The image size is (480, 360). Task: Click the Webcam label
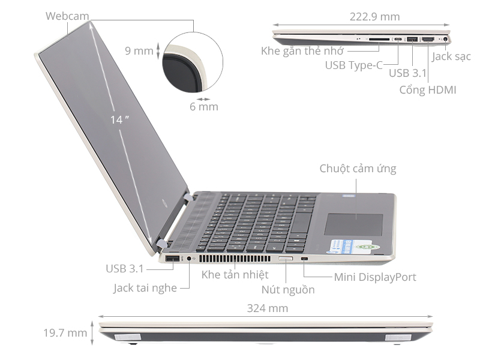[67, 16]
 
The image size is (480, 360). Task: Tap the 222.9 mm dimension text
[374, 17]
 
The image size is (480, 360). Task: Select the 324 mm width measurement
[268, 308]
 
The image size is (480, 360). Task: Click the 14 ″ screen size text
[120, 119]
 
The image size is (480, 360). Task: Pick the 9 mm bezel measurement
[139, 50]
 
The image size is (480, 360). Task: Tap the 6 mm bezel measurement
[203, 107]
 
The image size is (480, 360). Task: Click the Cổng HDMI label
[428, 90]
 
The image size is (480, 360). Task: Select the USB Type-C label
[353, 65]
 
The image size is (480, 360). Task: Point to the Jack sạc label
[451, 57]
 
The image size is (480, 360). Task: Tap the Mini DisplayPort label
[375, 277]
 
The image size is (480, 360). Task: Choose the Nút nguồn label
[288, 290]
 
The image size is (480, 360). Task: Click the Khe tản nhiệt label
[235, 275]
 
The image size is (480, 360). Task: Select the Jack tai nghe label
[145, 288]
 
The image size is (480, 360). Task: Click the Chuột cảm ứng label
[358, 169]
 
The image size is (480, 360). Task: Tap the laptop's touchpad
[354, 223]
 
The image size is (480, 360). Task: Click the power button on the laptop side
[286, 259]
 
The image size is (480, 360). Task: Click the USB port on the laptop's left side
[172, 259]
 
